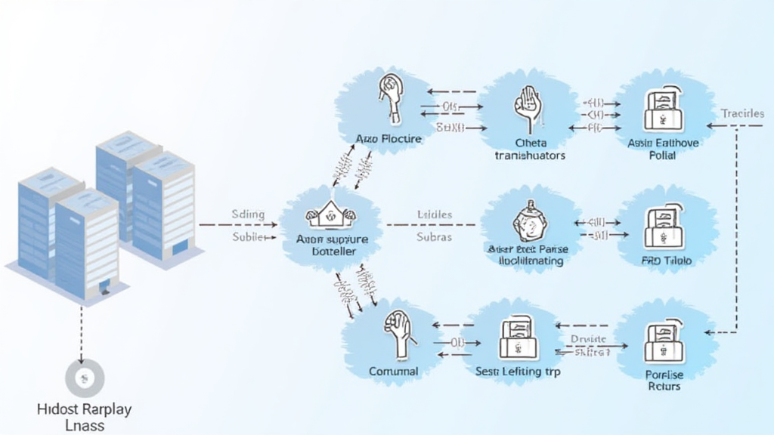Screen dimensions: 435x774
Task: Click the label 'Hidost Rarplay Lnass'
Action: [x=84, y=417]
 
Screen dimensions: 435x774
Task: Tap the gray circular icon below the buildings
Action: [x=84, y=378]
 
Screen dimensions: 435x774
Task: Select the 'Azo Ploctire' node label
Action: [x=389, y=139]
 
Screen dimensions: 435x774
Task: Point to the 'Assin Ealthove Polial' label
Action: [x=663, y=149]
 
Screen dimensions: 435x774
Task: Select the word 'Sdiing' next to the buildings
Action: [x=247, y=214]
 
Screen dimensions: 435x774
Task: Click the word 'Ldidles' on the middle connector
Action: [x=434, y=214]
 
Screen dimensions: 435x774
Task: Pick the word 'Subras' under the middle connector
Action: [x=434, y=236]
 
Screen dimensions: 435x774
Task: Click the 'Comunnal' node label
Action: [x=393, y=372]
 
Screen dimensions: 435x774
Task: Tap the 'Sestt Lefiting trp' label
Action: [x=518, y=372]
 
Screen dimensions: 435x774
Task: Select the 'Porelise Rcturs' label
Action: [x=664, y=380]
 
